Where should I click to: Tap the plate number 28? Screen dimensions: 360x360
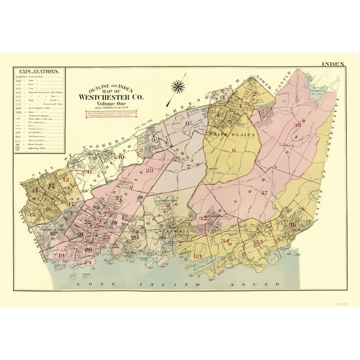coord(149,170)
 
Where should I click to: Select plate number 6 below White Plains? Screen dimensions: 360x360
coord(233,151)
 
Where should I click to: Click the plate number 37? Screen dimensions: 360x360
coord(265,193)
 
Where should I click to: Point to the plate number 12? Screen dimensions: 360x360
coord(65,180)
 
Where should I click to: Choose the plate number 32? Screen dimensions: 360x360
coord(202,218)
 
